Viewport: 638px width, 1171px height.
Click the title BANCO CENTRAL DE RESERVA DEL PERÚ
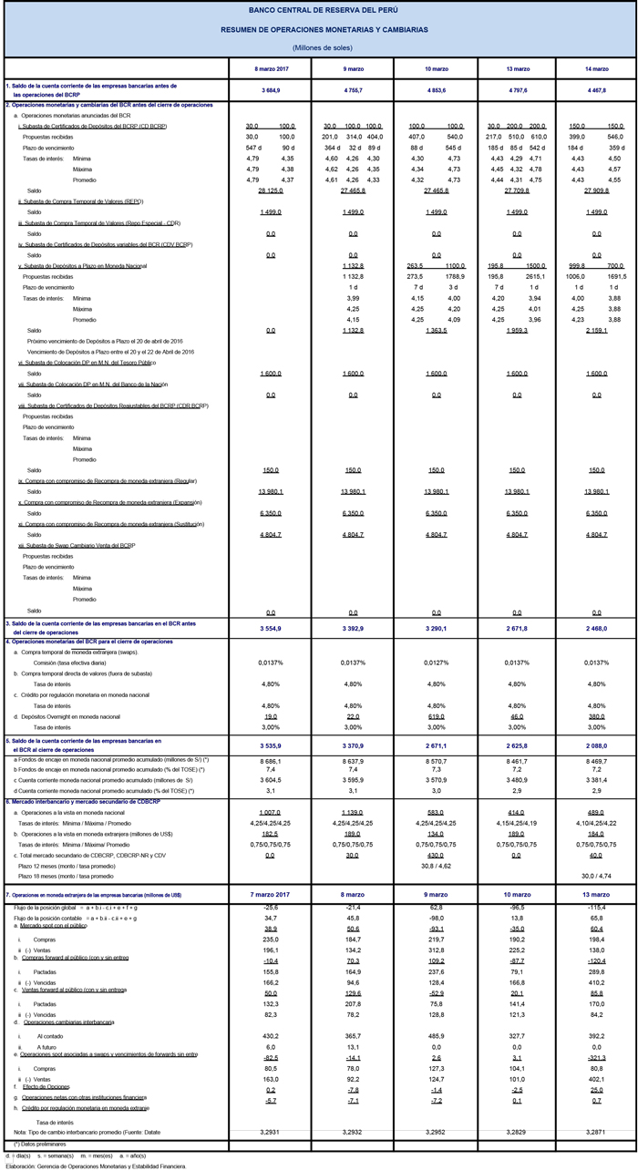318,11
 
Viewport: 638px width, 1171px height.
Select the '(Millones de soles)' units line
318,46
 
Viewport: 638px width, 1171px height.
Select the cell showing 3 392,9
352,628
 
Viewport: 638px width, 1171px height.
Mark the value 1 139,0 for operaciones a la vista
352,812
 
